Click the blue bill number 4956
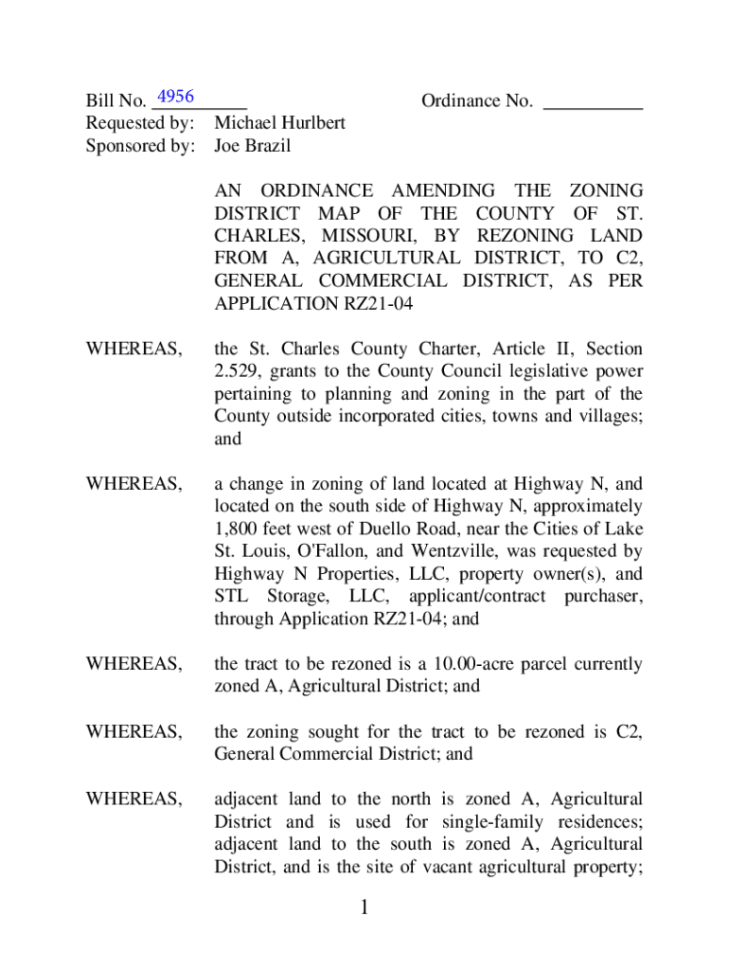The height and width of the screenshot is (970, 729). pos(176,97)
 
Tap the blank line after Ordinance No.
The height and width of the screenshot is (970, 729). pos(594,101)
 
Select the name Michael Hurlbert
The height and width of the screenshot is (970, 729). pos(279,123)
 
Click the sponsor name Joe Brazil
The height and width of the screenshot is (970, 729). pos(252,146)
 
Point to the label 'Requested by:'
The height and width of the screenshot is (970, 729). pos(140,123)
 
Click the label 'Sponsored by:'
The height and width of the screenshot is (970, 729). pos(140,146)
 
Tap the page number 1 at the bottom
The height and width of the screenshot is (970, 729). pos(364,909)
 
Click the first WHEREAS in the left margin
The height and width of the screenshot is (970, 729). pos(134,350)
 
